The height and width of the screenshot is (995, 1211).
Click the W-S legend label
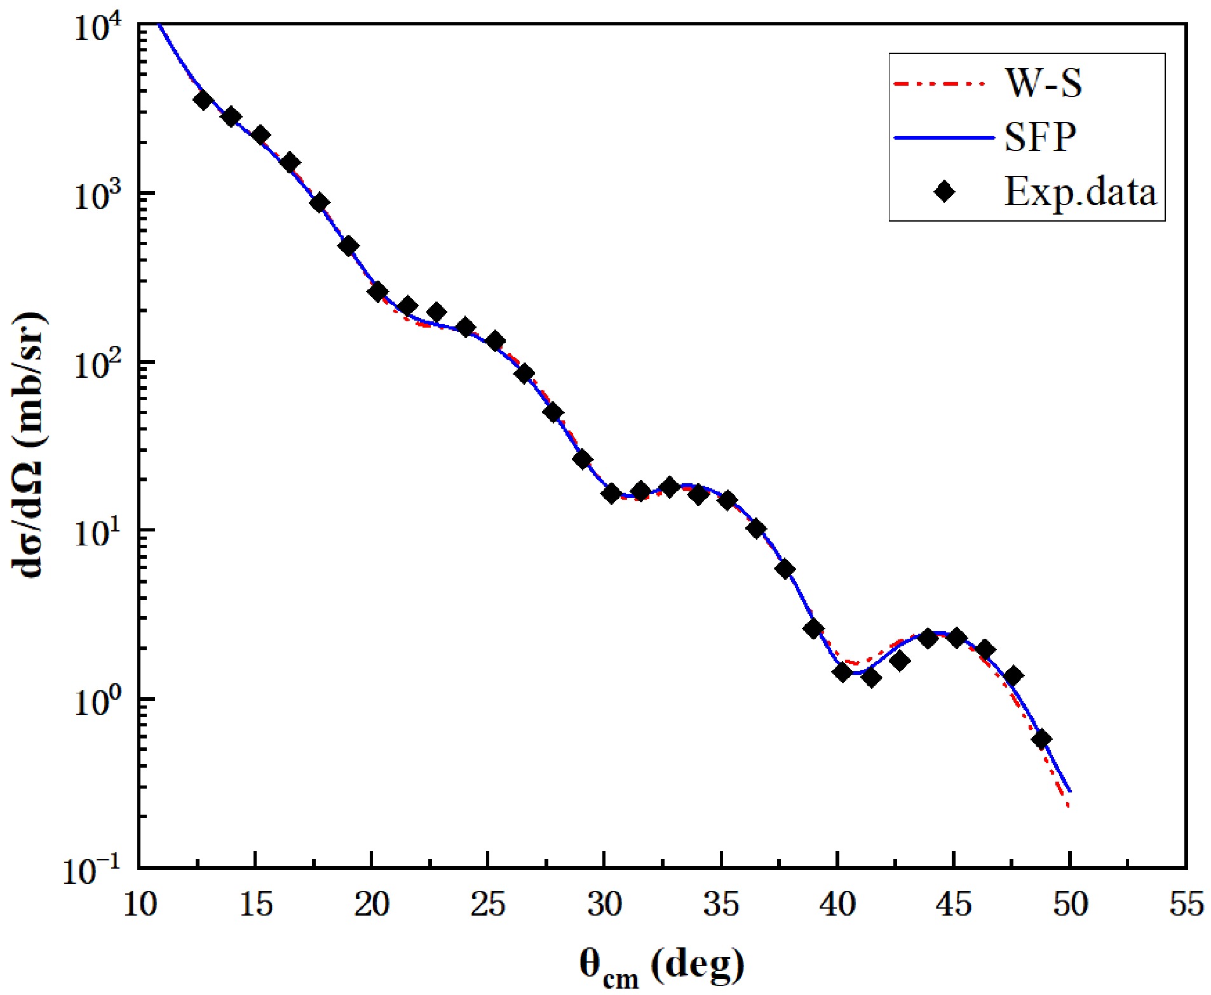pyautogui.click(x=1043, y=83)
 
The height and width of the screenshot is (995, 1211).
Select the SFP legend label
pyautogui.click(x=1040, y=137)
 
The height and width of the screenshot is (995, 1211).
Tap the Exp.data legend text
pyautogui.click(x=1079, y=191)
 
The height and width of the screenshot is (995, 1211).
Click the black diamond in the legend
pyautogui.click(x=945, y=191)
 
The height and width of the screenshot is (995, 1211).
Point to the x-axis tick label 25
pyautogui.click(x=488, y=904)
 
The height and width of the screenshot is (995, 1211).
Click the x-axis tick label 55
pyautogui.click(x=1186, y=904)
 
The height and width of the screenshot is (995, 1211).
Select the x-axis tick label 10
pyautogui.click(x=139, y=904)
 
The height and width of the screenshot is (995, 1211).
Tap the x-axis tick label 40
pyautogui.click(x=837, y=904)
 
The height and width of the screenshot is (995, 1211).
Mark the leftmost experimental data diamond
pyautogui.click(x=203, y=100)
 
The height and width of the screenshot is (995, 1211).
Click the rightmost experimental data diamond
pyautogui.click(x=1041, y=740)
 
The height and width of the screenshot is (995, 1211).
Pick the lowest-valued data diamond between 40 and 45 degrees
pyautogui.click(x=871, y=678)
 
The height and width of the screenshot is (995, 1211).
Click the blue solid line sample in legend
pyautogui.click(x=943, y=137)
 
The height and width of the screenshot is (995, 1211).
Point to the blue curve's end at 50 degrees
pyautogui.click(x=1071, y=791)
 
